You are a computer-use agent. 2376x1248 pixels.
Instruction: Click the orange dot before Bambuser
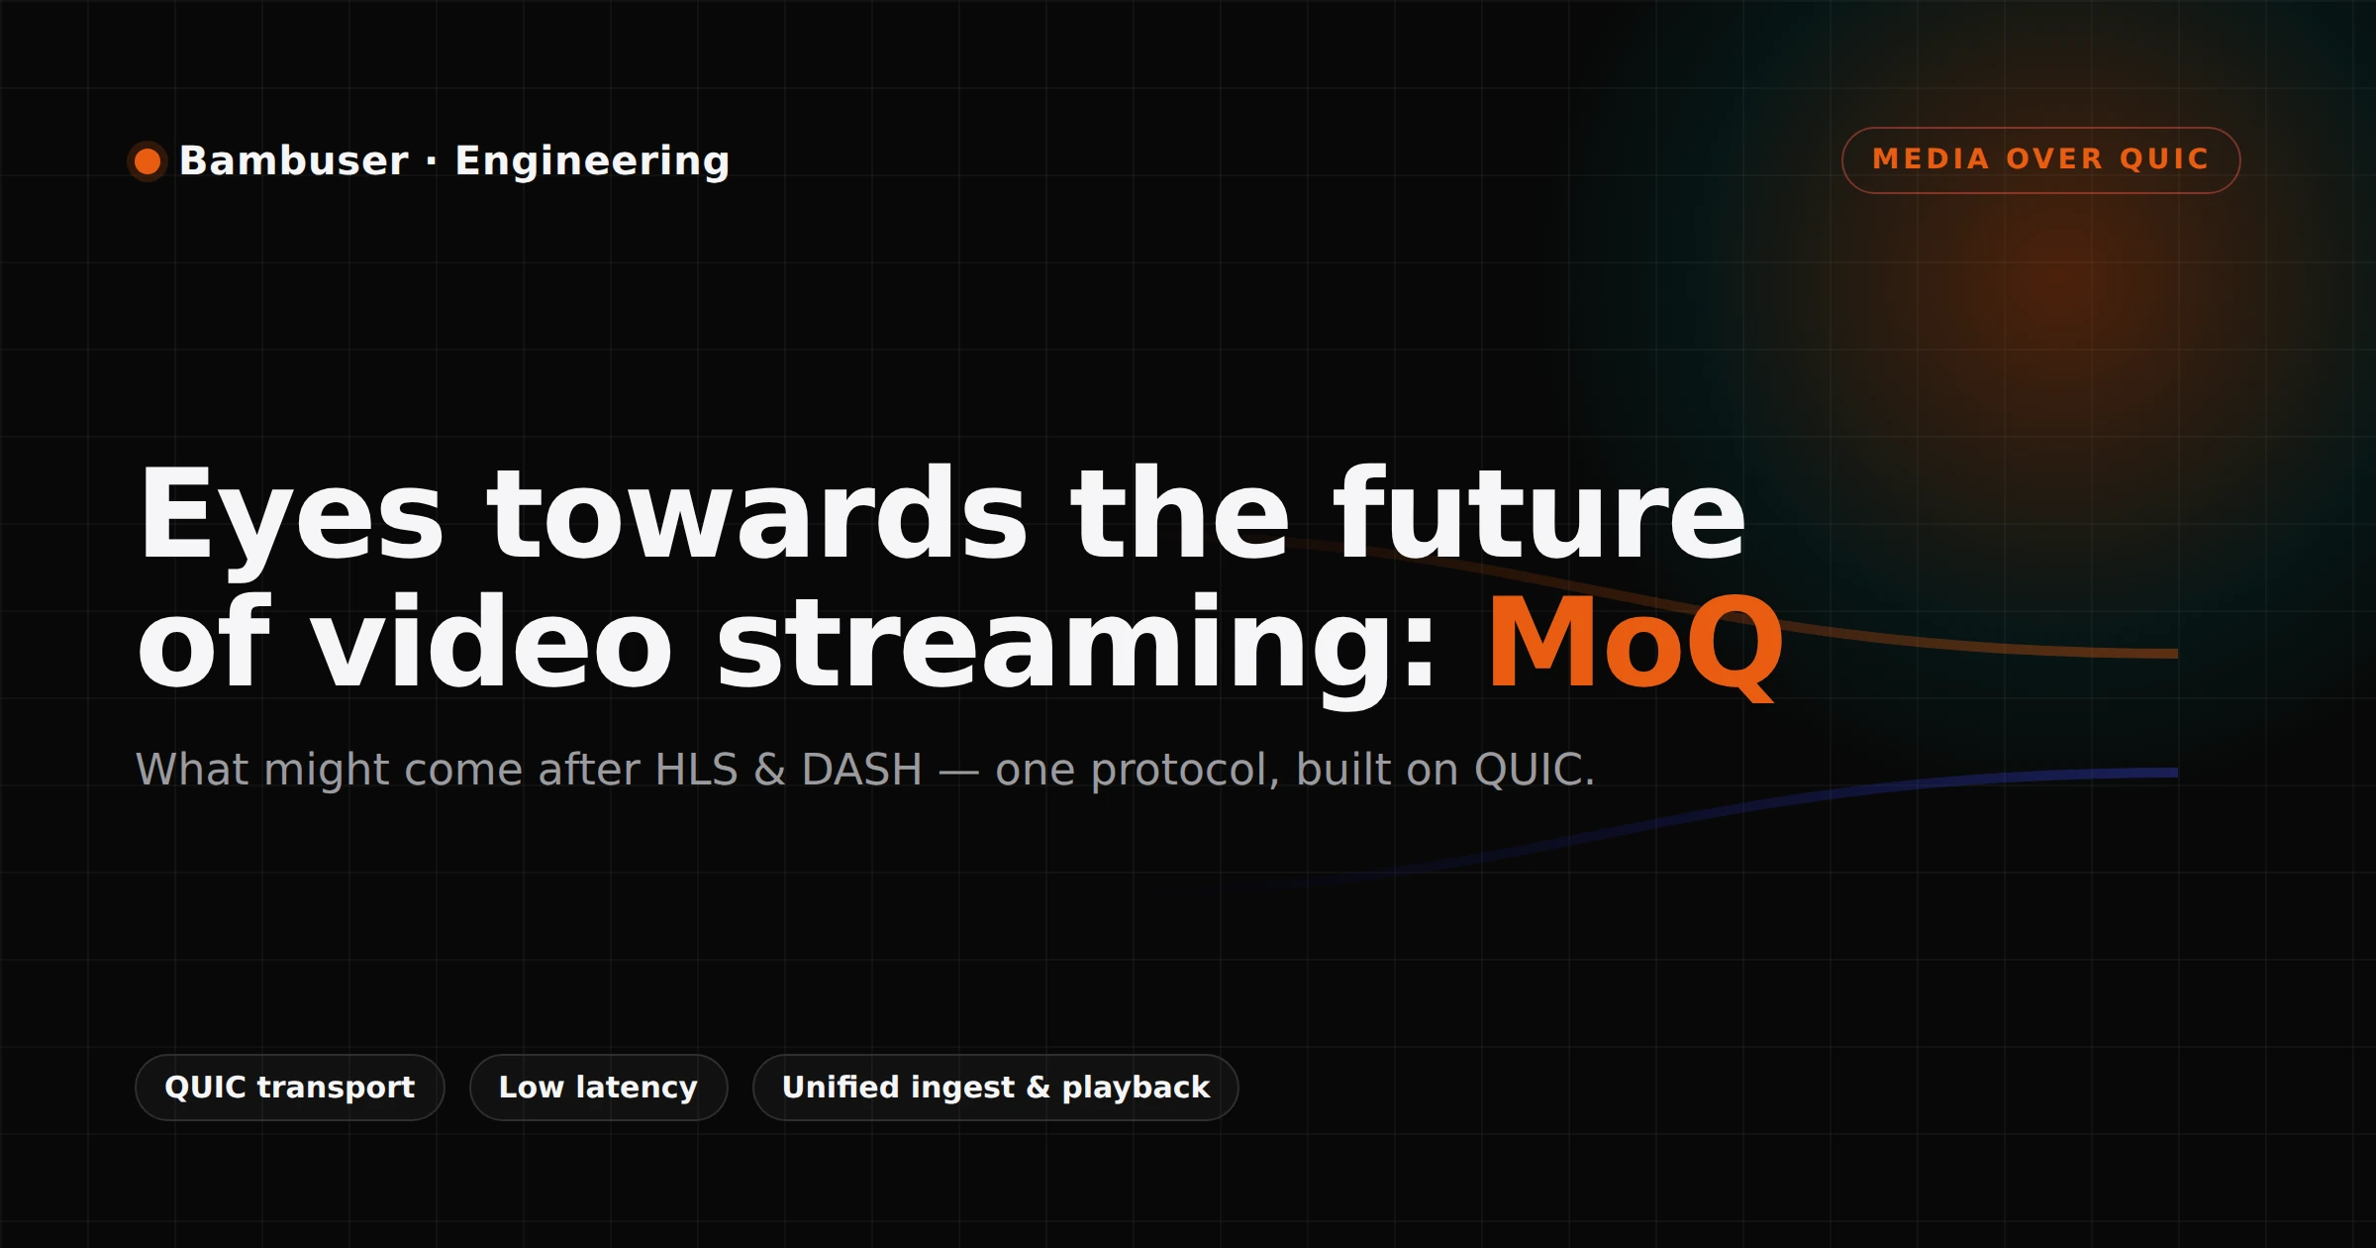(x=148, y=160)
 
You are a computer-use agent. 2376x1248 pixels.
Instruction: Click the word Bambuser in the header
(x=293, y=160)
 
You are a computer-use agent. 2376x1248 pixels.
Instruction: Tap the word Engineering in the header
(x=592, y=161)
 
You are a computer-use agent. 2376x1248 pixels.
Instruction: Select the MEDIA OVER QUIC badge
(x=2040, y=159)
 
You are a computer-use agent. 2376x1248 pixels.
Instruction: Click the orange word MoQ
(x=1634, y=645)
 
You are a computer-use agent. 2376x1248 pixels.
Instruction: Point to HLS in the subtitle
(x=696, y=770)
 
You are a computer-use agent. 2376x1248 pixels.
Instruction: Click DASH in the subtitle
(x=861, y=770)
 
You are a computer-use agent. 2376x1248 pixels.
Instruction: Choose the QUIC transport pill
(x=289, y=1087)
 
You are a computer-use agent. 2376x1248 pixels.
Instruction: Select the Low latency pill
(x=598, y=1087)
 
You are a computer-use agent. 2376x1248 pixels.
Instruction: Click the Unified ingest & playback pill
(x=995, y=1087)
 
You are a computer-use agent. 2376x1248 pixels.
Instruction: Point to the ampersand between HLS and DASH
(x=769, y=770)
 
